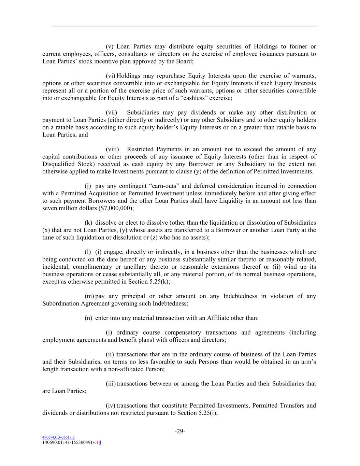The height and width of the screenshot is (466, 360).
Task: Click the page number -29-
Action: click(180, 432)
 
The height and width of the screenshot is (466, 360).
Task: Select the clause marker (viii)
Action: click(112, 150)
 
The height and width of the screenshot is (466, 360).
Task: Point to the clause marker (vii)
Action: click(111, 113)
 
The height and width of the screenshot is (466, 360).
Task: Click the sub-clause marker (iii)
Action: click(111, 384)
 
